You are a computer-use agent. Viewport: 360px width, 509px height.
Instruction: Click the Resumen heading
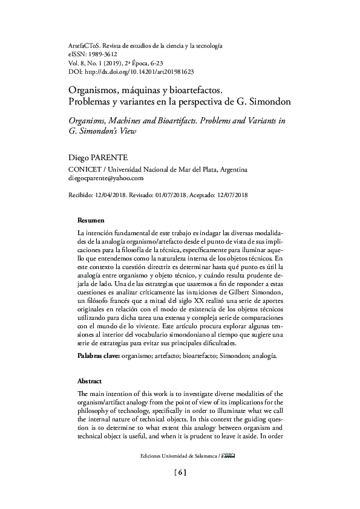[91, 220]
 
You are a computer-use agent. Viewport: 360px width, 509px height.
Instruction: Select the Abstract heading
[90, 382]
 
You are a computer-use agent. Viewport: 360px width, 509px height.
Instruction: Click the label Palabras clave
[99, 357]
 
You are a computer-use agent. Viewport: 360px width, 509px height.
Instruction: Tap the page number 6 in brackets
[180, 473]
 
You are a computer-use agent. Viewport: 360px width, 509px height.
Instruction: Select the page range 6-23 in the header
[155, 63]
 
